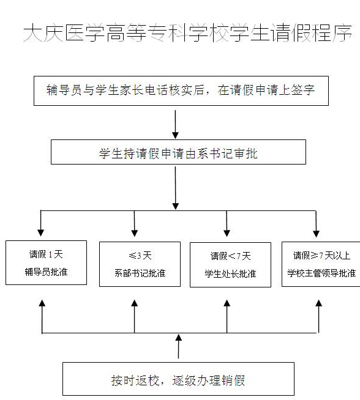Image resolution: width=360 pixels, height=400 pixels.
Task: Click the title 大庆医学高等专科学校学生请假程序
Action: (188, 32)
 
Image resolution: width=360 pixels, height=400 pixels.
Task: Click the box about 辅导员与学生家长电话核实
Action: (181, 91)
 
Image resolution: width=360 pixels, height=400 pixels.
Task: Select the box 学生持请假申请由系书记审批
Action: (178, 152)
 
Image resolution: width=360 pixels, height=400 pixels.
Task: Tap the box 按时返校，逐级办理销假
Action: (178, 379)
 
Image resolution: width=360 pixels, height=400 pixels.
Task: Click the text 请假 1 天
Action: (46, 254)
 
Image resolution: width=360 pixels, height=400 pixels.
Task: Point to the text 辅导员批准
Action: (46, 272)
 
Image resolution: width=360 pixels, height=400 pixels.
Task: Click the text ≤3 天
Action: (140, 256)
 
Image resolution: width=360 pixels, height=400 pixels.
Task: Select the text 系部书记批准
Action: (140, 273)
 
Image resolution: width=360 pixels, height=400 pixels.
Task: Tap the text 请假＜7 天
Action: (230, 256)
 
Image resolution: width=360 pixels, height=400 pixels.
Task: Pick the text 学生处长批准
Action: (230, 274)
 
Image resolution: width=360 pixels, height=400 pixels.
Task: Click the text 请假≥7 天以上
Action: (321, 256)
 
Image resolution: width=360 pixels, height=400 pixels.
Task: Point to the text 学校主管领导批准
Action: (321, 273)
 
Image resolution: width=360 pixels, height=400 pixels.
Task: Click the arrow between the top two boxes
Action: (175, 125)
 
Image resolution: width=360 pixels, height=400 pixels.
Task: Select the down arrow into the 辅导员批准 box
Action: (41, 223)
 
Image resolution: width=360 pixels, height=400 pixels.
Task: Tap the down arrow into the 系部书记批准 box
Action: (135, 224)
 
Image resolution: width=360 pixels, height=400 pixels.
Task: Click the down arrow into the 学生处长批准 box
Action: (227, 224)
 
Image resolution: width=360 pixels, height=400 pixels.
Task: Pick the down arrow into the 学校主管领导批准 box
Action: (316, 224)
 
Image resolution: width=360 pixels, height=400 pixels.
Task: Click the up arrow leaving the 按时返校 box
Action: (178, 346)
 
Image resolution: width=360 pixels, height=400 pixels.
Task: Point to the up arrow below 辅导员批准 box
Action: (42, 316)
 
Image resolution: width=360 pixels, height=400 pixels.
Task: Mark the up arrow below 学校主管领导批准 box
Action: (318, 316)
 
